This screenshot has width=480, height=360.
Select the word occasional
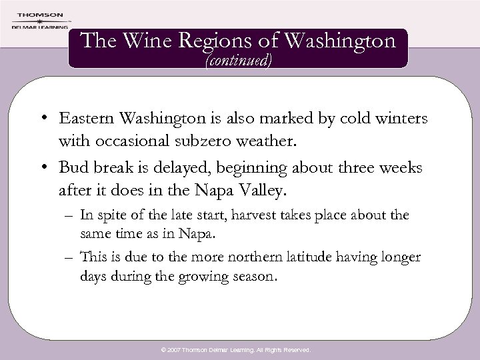tap(141, 142)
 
